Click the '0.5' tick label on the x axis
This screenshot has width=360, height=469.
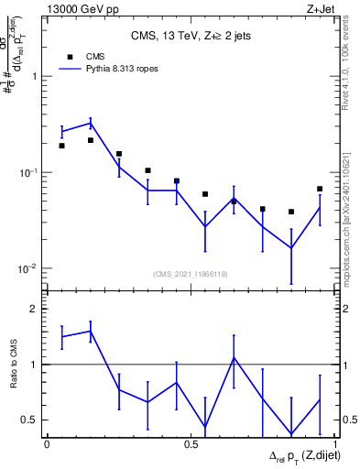point(191,443)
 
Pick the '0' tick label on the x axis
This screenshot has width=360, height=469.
point(47,443)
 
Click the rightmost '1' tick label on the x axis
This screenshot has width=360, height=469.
point(335,443)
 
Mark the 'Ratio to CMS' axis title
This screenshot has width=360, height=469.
point(14,364)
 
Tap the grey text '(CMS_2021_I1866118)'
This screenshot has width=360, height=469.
point(190,274)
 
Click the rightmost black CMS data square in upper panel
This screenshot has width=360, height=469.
point(320,189)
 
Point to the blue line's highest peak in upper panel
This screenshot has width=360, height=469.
point(90,122)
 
